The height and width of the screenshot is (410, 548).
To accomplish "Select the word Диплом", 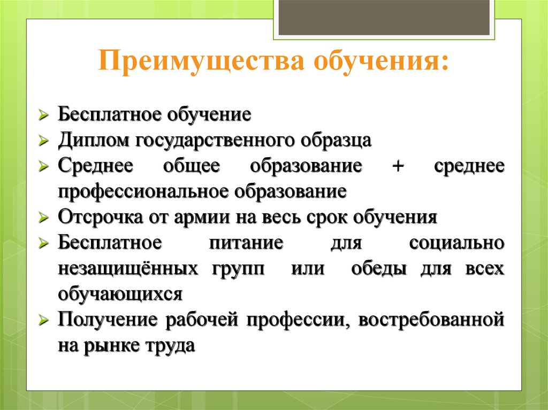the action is tap(93, 140).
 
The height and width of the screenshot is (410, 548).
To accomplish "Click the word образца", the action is tap(336, 141).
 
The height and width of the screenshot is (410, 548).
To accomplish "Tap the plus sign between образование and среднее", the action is tap(398, 166).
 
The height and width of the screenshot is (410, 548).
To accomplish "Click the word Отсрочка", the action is tap(100, 217).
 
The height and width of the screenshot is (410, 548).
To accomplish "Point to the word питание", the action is tap(246, 243).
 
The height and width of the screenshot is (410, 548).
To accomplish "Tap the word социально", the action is tap(457, 243).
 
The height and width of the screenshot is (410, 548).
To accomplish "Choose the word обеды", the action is tap(379, 268).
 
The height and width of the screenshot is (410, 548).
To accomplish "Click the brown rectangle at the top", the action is tap(384, 18).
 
